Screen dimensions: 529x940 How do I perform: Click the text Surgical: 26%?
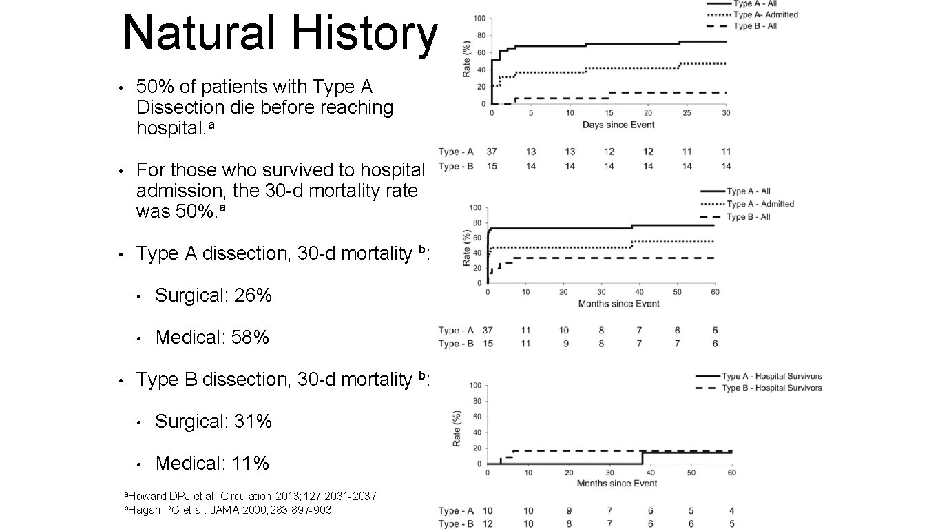tap(213, 295)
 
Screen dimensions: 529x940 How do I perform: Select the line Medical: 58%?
tap(212, 338)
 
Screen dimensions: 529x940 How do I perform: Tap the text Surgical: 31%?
tap(213, 421)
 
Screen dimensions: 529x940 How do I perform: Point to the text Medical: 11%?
tap(212, 464)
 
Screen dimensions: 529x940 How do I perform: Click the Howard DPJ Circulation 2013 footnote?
tap(249, 497)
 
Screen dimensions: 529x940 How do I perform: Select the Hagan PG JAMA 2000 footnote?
tap(228, 510)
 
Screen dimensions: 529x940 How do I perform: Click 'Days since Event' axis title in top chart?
tap(618, 125)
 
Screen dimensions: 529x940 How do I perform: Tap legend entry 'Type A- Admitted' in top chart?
tap(766, 14)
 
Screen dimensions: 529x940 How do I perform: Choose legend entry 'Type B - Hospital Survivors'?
tap(771, 388)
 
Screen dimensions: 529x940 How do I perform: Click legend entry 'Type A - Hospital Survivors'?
tap(771, 376)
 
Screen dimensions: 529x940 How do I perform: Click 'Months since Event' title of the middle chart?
tap(618, 304)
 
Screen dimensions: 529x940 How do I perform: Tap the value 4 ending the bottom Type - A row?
tap(731, 510)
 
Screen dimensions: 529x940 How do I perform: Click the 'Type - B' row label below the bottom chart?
tap(456, 524)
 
